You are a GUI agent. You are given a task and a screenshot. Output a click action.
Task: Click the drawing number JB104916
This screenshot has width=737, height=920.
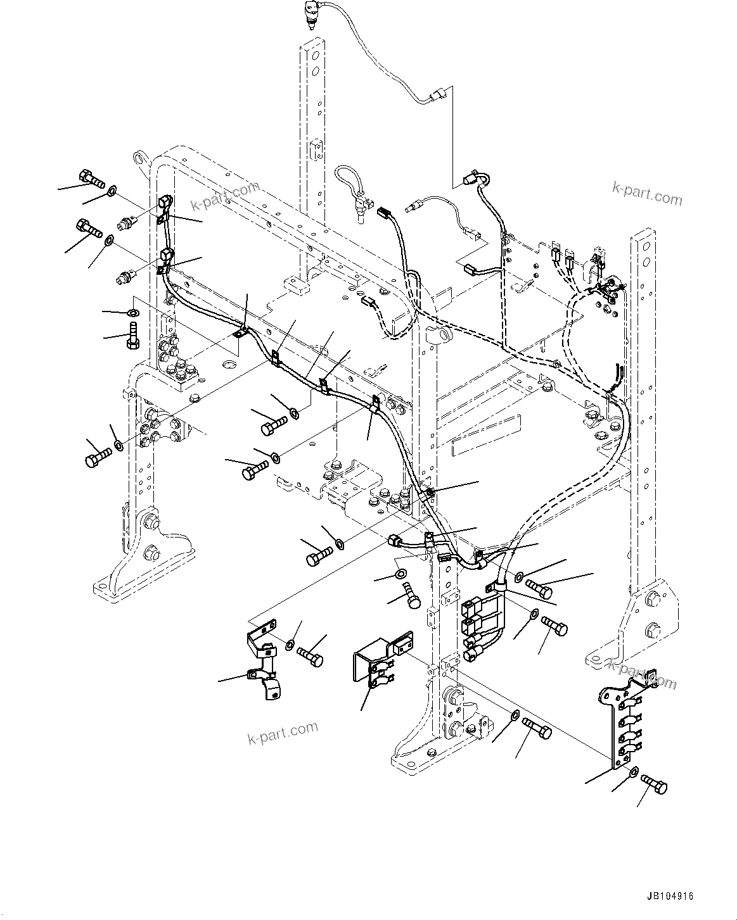[x=670, y=897]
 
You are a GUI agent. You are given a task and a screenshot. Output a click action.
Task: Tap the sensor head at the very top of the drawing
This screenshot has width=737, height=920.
[x=311, y=13]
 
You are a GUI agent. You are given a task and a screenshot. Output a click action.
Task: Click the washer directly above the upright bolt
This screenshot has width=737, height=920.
[x=133, y=312]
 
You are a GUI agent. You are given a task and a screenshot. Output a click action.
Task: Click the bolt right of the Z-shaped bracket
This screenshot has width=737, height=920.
[x=310, y=656]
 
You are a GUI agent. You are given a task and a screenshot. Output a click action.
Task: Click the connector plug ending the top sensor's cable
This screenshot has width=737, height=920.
[x=437, y=97]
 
